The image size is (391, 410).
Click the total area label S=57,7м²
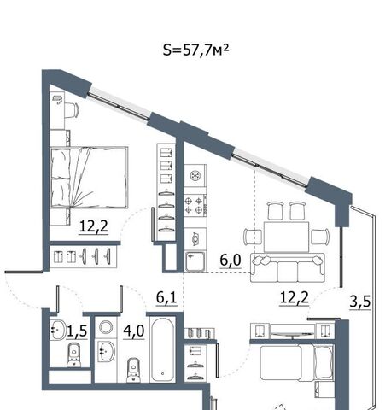tap(195, 50)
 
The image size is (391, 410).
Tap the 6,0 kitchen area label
tap(231, 261)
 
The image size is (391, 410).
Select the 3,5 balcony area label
tap(360, 302)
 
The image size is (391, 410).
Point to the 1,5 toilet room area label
tap(77, 331)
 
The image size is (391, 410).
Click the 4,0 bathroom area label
tap(134, 331)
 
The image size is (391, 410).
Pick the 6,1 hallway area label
tap(166, 298)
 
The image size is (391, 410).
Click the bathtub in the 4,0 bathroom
tap(162, 349)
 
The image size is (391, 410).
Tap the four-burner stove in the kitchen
tap(195, 205)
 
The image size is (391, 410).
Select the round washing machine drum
tap(106, 327)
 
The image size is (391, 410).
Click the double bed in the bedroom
tap(89, 178)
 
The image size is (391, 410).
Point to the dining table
tap(286, 237)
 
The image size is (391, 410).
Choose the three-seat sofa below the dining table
tap(288, 267)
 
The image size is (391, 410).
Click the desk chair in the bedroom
tap(71, 110)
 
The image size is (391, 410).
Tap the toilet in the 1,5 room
tap(74, 355)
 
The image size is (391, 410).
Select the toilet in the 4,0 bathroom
tap(133, 370)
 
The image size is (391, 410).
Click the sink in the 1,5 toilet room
tap(58, 330)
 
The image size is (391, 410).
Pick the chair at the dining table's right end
tap(320, 237)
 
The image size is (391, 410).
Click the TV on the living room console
tap(292, 334)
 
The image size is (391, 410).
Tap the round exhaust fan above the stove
tap(195, 175)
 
